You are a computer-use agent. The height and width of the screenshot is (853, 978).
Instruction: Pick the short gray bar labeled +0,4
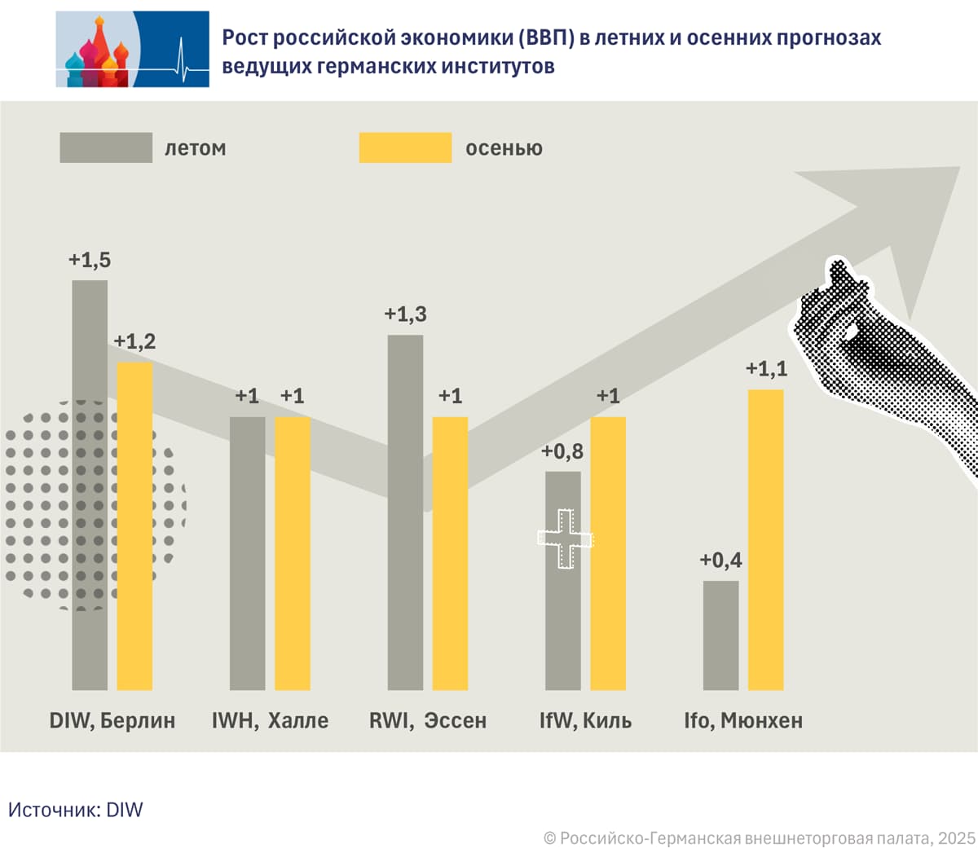(x=720, y=635)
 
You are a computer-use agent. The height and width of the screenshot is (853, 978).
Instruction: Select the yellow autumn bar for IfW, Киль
(x=608, y=553)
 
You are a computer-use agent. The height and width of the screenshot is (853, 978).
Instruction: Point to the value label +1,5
(x=90, y=260)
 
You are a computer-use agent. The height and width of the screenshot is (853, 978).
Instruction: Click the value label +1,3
(x=405, y=314)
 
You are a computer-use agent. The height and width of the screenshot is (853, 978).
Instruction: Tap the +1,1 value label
(x=766, y=369)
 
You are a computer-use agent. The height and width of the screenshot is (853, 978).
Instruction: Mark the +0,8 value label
(x=562, y=451)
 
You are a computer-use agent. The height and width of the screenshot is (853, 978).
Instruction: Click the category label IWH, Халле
(x=270, y=720)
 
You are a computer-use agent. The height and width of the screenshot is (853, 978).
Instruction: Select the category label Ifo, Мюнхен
(x=743, y=720)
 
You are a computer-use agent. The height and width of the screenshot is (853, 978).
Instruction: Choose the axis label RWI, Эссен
(x=427, y=720)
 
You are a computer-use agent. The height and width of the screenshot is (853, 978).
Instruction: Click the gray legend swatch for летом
(x=106, y=147)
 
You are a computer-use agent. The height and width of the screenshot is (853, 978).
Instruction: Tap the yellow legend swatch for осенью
(x=405, y=147)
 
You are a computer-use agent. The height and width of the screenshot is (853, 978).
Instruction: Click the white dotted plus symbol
(x=564, y=539)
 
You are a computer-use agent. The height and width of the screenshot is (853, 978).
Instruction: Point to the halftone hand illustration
(x=880, y=358)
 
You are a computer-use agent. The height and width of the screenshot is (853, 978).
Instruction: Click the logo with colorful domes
(x=132, y=49)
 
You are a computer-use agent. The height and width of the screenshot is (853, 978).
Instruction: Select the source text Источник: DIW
(x=75, y=810)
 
